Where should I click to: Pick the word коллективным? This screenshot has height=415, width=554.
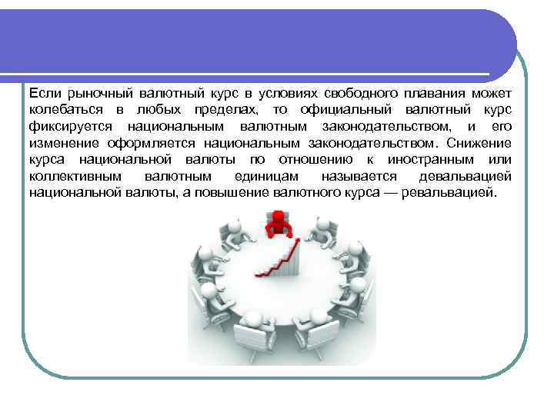tap(71, 176)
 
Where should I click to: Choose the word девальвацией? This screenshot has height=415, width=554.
tap(466, 176)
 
